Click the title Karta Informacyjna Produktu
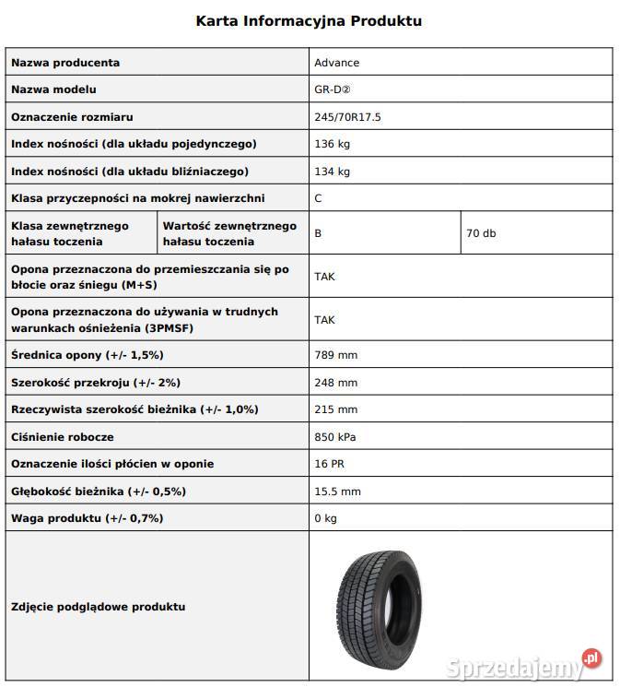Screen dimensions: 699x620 [x=310, y=20]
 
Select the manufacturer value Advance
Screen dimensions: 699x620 [x=336, y=63]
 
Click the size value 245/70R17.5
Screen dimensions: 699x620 [x=348, y=117]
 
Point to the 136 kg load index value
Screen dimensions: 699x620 [x=332, y=144]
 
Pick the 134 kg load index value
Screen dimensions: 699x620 [x=332, y=172]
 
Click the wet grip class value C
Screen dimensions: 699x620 [x=318, y=198]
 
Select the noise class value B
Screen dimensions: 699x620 [x=318, y=233]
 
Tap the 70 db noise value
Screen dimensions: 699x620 [x=481, y=233]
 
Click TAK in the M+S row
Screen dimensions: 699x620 [x=324, y=276]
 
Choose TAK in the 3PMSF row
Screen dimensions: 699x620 [x=324, y=320]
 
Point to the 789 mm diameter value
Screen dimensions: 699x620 [x=335, y=355]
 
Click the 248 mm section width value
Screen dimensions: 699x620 [x=335, y=382]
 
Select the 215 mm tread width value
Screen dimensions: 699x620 [x=335, y=409]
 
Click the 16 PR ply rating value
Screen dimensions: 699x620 [x=329, y=464]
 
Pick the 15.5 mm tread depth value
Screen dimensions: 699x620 [x=337, y=492]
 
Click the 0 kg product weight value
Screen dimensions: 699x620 [x=325, y=518]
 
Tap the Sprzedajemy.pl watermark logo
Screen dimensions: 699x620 [x=523, y=666]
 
